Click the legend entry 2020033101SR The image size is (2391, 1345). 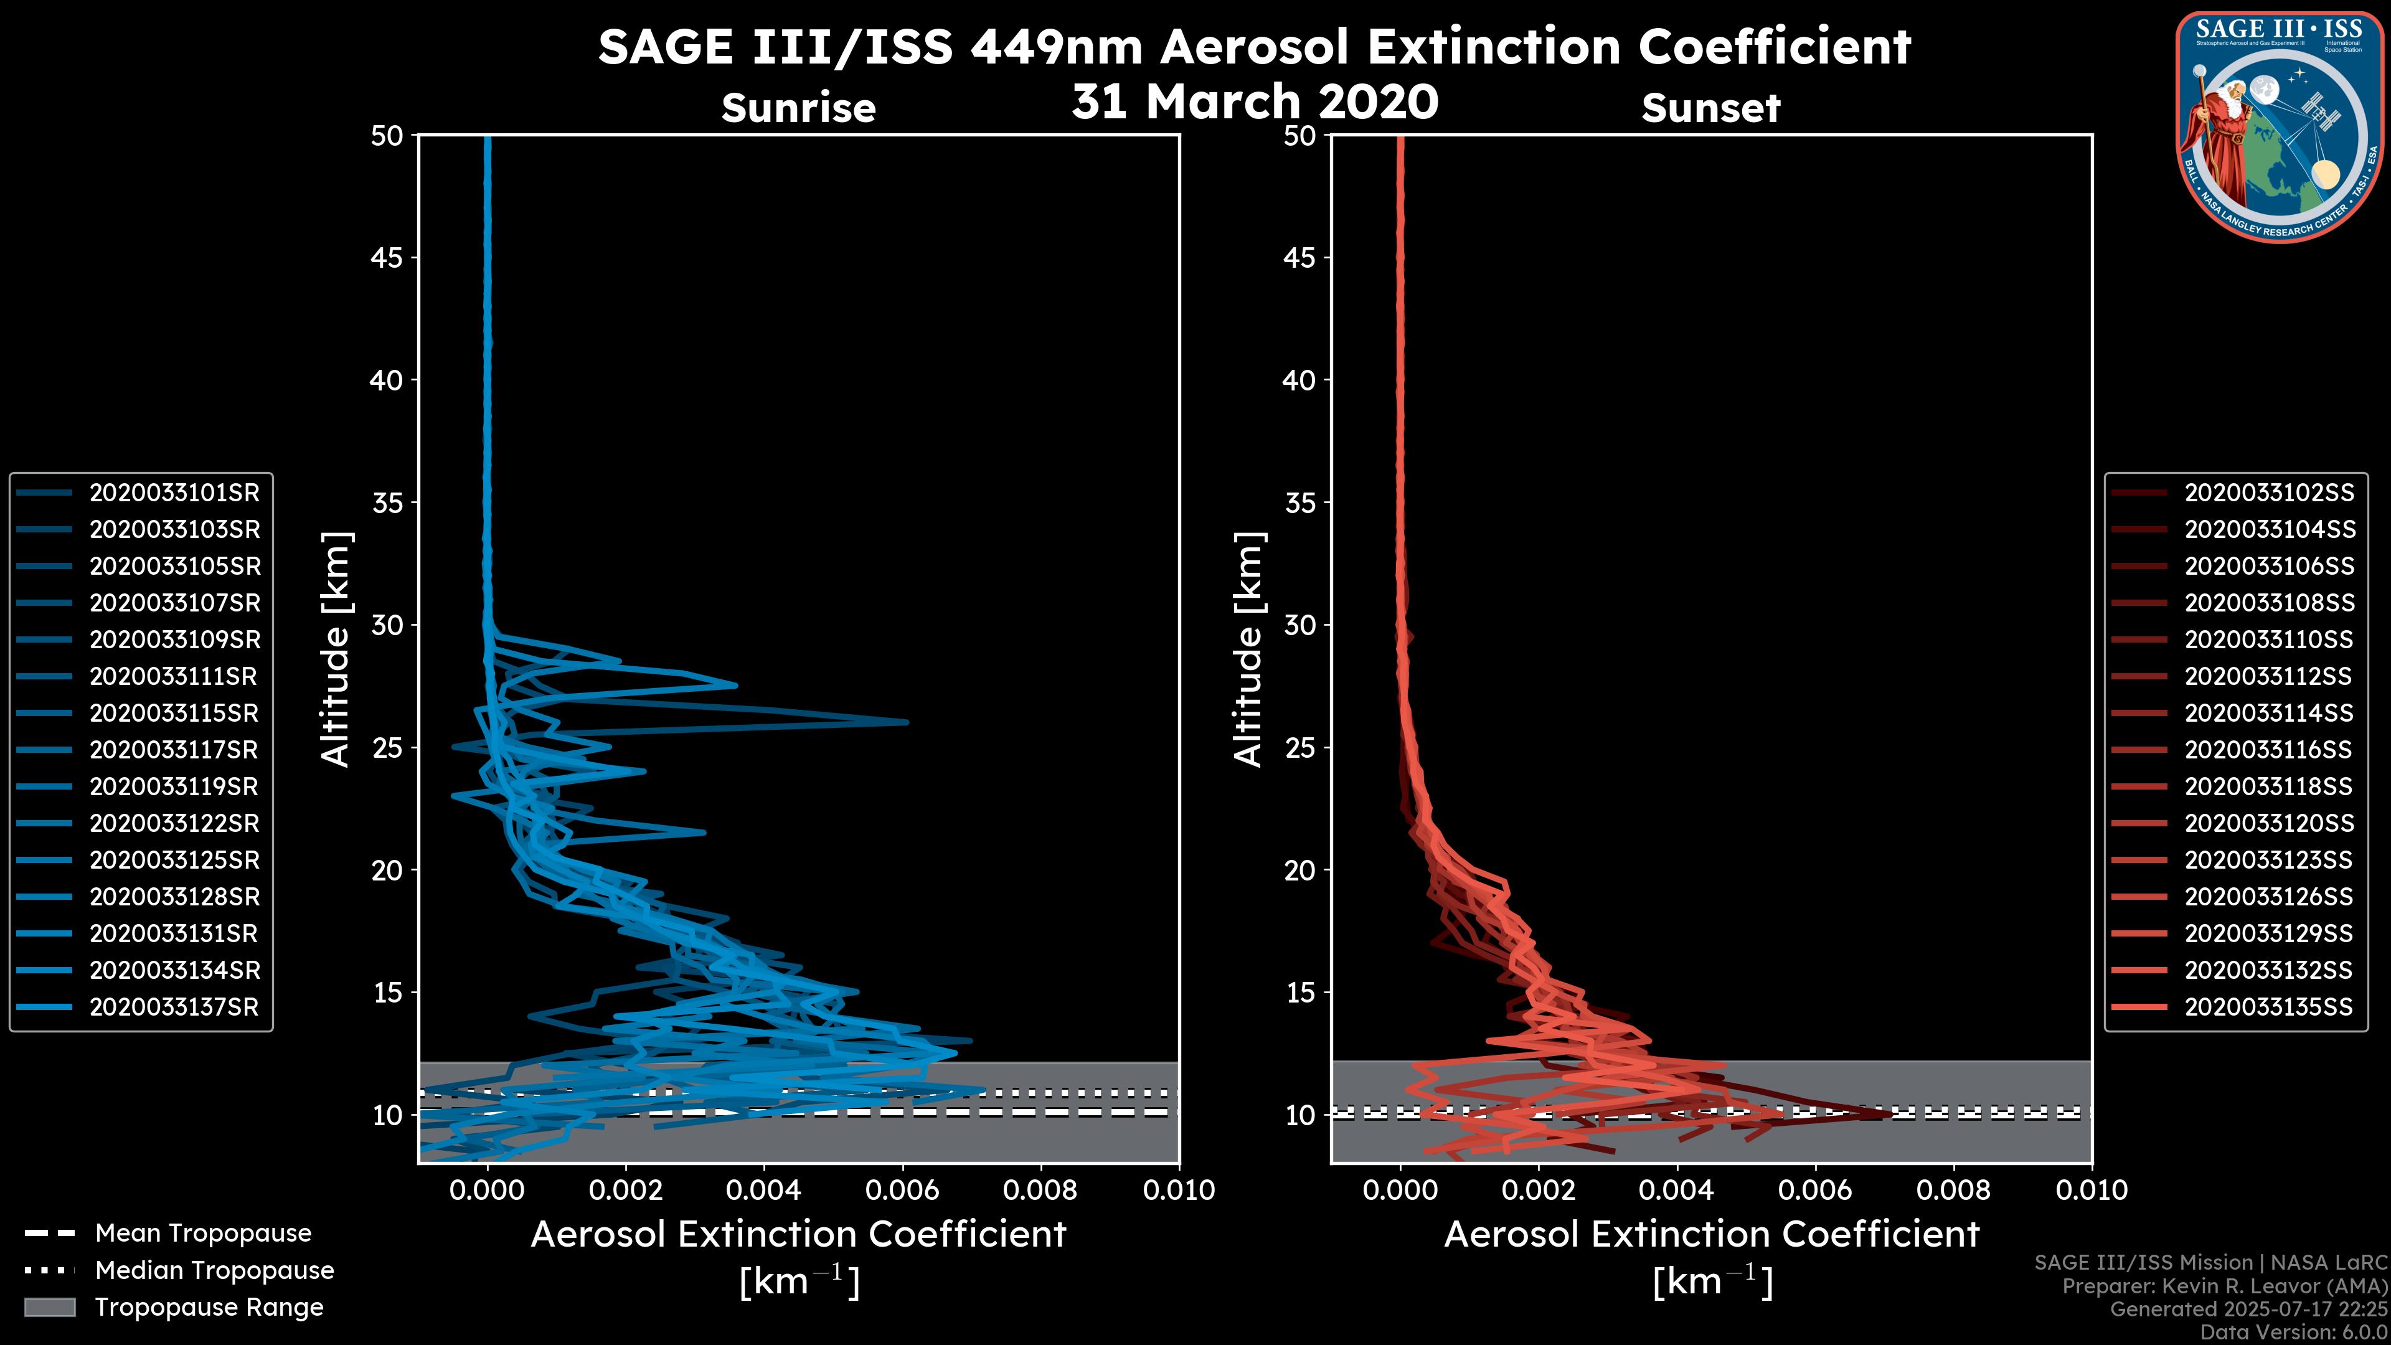point(174,493)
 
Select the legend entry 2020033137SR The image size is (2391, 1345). point(174,1007)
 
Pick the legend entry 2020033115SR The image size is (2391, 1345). point(174,713)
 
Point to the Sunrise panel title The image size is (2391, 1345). point(798,108)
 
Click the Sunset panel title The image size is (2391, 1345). point(1710,108)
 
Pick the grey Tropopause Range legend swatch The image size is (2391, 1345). point(49,1307)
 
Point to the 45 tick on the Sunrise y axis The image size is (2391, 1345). point(387,257)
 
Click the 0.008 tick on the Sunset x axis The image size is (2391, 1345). point(1954,1190)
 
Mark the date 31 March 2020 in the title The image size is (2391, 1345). point(1255,101)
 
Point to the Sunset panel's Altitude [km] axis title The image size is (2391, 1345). point(1249,649)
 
